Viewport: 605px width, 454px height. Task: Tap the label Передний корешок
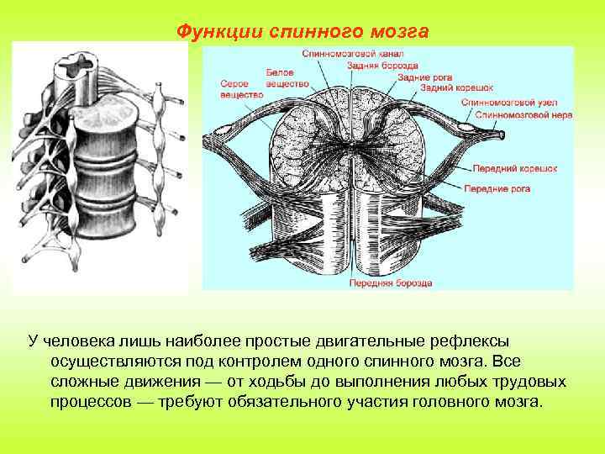pyautogui.click(x=515, y=168)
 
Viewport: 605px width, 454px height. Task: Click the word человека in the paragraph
pyautogui.click(x=76, y=340)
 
